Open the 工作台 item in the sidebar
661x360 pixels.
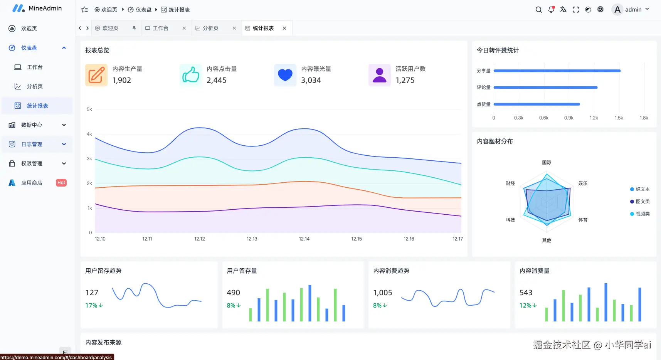pos(35,67)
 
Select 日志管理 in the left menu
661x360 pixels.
pos(32,144)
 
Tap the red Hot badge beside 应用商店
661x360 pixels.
pos(61,183)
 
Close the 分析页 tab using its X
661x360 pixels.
pos(234,28)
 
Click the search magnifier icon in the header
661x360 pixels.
pos(538,10)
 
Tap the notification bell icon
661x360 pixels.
pos(551,10)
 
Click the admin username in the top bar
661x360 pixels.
pos(633,10)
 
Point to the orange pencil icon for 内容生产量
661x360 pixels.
pos(96,75)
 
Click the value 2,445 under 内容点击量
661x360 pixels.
pos(217,80)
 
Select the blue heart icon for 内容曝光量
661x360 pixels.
pos(285,75)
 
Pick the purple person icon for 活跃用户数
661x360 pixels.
pos(380,75)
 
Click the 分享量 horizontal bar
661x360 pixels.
pos(557,71)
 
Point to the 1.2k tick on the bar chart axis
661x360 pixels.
pos(594,118)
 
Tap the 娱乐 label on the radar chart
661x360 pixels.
pos(583,183)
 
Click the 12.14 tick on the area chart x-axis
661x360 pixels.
pos(304,239)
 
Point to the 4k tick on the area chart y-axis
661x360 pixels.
pos(89,134)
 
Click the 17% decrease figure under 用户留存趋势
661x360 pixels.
pos(94,305)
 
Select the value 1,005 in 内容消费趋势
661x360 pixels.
pos(383,293)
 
